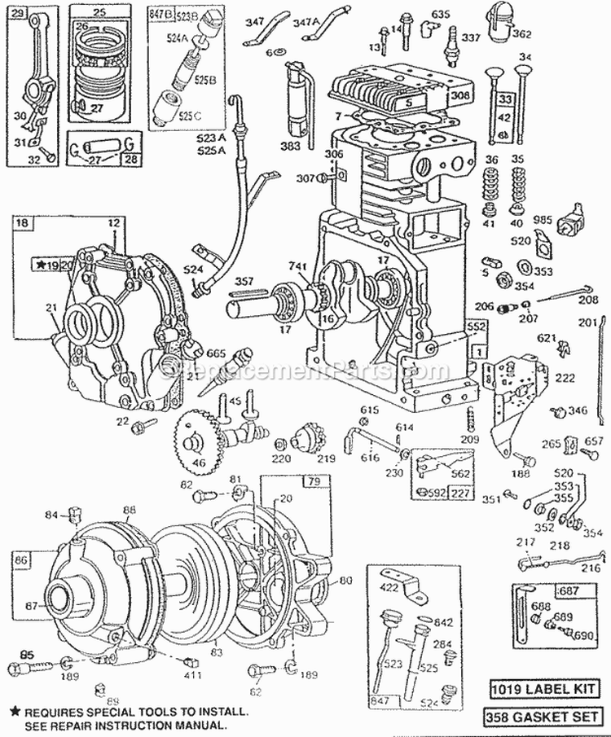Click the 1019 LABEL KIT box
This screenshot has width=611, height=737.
pos(549,690)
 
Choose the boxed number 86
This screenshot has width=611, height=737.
pos(21,559)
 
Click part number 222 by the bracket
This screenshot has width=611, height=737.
pos(564,378)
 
